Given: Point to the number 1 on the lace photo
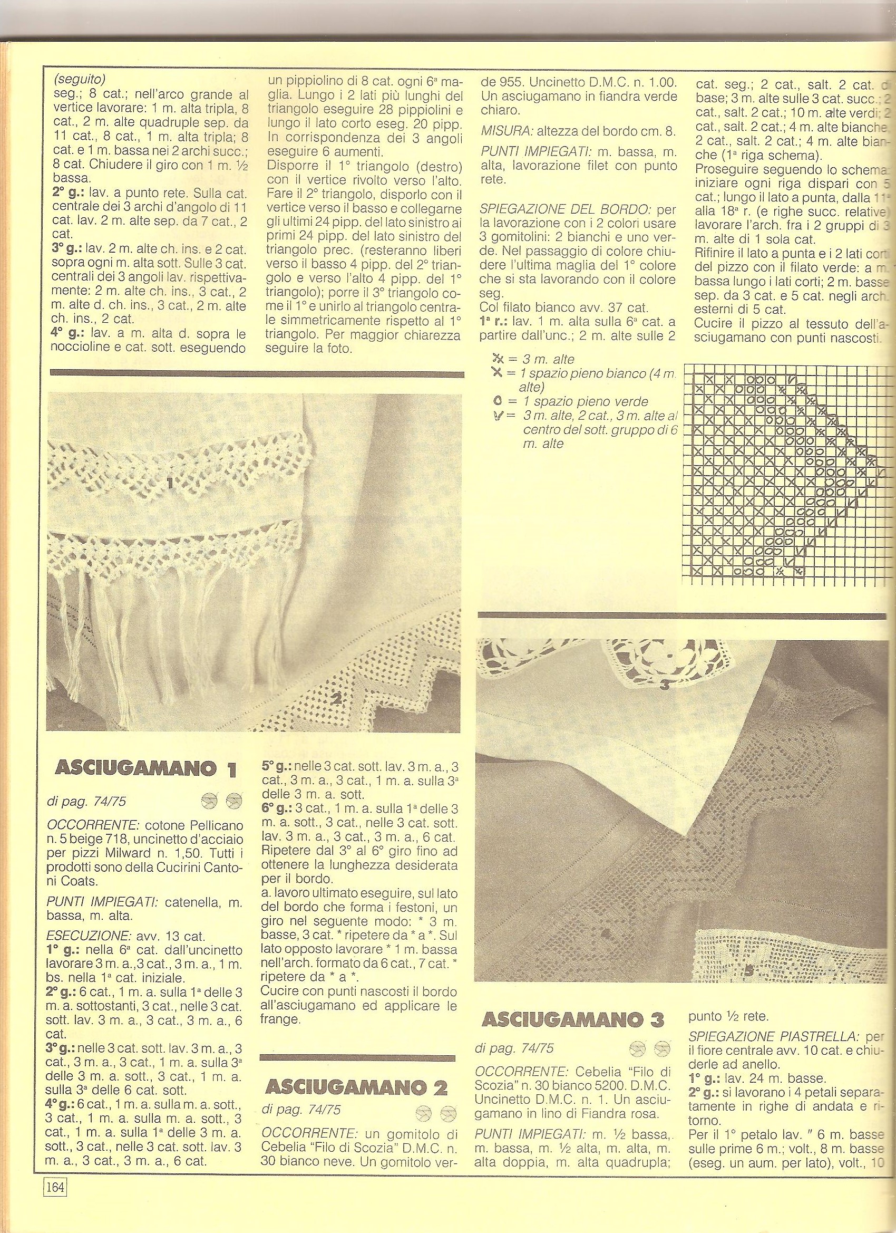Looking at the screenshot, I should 170,482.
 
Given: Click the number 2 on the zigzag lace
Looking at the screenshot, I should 336,700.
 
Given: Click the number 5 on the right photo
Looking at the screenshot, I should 749,971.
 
